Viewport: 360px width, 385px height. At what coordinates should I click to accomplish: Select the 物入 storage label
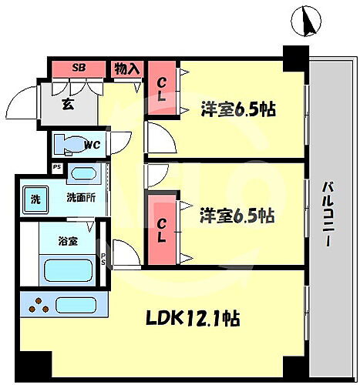[127, 69]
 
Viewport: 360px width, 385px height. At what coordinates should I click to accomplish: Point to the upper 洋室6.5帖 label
[239, 109]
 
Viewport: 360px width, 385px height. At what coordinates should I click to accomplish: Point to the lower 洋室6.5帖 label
[239, 216]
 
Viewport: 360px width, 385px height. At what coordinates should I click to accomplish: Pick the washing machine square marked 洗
[35, 197]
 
